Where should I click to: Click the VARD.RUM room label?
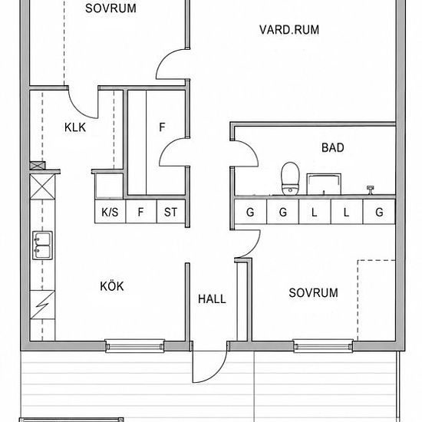tap(289, 30)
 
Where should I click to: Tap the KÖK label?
tap(112, 286)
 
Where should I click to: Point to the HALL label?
tap(212, 299)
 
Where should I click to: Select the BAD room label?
tap(333, 148)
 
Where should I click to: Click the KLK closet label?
tap(75, 127)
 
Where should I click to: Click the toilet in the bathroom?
tap(290, 179)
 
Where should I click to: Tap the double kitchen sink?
tap(42, 246)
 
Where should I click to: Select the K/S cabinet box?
tap(110, 211)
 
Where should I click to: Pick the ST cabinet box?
tap(171, 211)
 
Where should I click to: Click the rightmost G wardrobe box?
tap(379, 211)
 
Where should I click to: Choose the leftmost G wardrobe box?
tap(250, 211)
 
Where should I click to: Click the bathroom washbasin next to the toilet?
tap(324, 184)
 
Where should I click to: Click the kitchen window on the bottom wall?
tap(135, 346)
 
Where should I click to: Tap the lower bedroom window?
tap(323, 346)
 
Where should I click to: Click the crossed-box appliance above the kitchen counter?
tap(42, 186)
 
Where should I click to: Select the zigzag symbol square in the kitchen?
tap(42, 305)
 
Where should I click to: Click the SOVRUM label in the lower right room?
tap(314, 293)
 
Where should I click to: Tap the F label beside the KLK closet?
tap(162, 127)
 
